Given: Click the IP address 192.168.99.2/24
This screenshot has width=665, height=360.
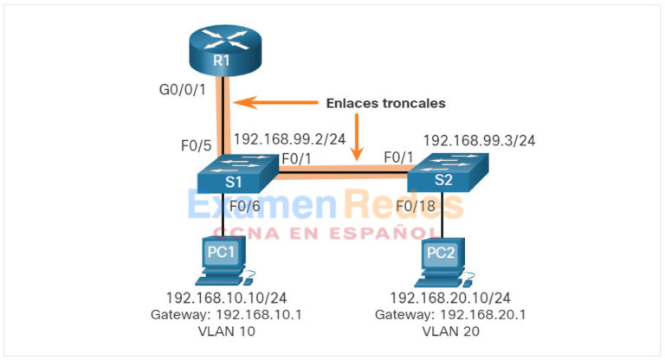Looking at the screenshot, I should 289,138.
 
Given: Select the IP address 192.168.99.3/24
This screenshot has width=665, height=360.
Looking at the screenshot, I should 478,139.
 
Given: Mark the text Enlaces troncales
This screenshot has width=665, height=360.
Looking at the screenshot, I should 385,103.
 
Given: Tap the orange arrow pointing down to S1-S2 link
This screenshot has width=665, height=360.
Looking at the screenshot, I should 356,138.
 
